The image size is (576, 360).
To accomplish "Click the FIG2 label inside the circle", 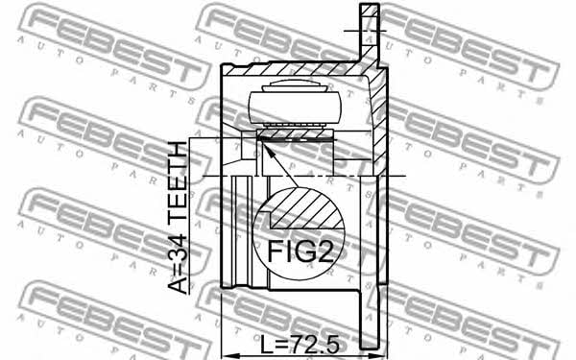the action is click(x=300, y=251).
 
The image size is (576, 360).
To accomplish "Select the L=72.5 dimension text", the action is click(x=300, y=345).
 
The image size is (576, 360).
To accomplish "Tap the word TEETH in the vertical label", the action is click(x=179, y=180).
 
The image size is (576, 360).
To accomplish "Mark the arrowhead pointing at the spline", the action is click(x=266, y=150).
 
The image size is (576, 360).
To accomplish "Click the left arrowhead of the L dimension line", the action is click(x=228, y=355).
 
